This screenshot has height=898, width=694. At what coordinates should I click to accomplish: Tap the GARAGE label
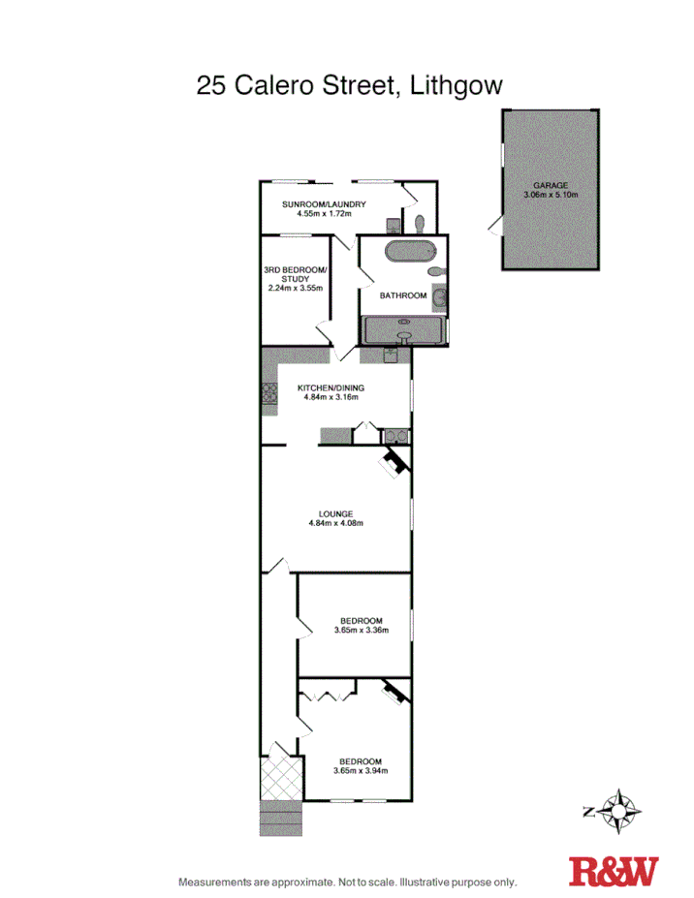point(550,185)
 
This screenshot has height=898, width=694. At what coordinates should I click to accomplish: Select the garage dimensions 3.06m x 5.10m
point(550,195)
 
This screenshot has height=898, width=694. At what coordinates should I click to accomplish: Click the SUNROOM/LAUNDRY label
point(323,203)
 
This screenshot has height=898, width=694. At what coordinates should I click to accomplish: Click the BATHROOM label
point(403,295)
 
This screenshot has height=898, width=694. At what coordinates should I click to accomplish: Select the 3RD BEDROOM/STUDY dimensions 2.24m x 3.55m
point(295,288)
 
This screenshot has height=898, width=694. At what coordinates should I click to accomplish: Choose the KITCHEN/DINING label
point(332,387)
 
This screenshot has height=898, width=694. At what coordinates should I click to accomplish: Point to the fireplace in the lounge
point(393,463)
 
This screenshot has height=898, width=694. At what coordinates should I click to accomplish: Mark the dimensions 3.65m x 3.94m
point(361,771)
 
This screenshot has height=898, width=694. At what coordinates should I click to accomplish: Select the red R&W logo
point(613,870)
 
